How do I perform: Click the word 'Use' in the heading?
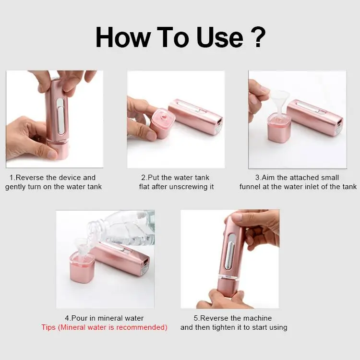point(219,37)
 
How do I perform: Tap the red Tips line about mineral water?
point(104,327)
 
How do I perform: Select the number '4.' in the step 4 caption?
point(68,318)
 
